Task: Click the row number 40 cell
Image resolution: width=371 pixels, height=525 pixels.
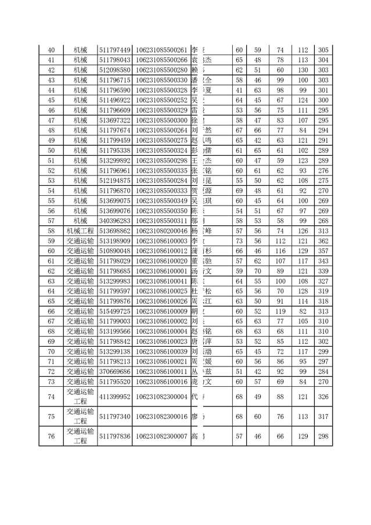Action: coord(51,50)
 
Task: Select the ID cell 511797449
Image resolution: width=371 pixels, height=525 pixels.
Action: coord(114,50)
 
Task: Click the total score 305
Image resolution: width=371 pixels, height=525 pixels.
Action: coord(323,50)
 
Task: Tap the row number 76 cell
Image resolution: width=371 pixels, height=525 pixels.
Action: coord(51,436)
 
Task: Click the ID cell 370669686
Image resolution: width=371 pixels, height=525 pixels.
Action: coord(114,371)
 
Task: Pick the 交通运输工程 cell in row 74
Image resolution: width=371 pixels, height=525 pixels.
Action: coord(80,397)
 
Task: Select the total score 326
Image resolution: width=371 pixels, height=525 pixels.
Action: coord(323,397)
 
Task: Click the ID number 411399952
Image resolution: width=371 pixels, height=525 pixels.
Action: coord(114,397)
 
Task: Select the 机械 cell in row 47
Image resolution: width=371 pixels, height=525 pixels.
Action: coord(80,120)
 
